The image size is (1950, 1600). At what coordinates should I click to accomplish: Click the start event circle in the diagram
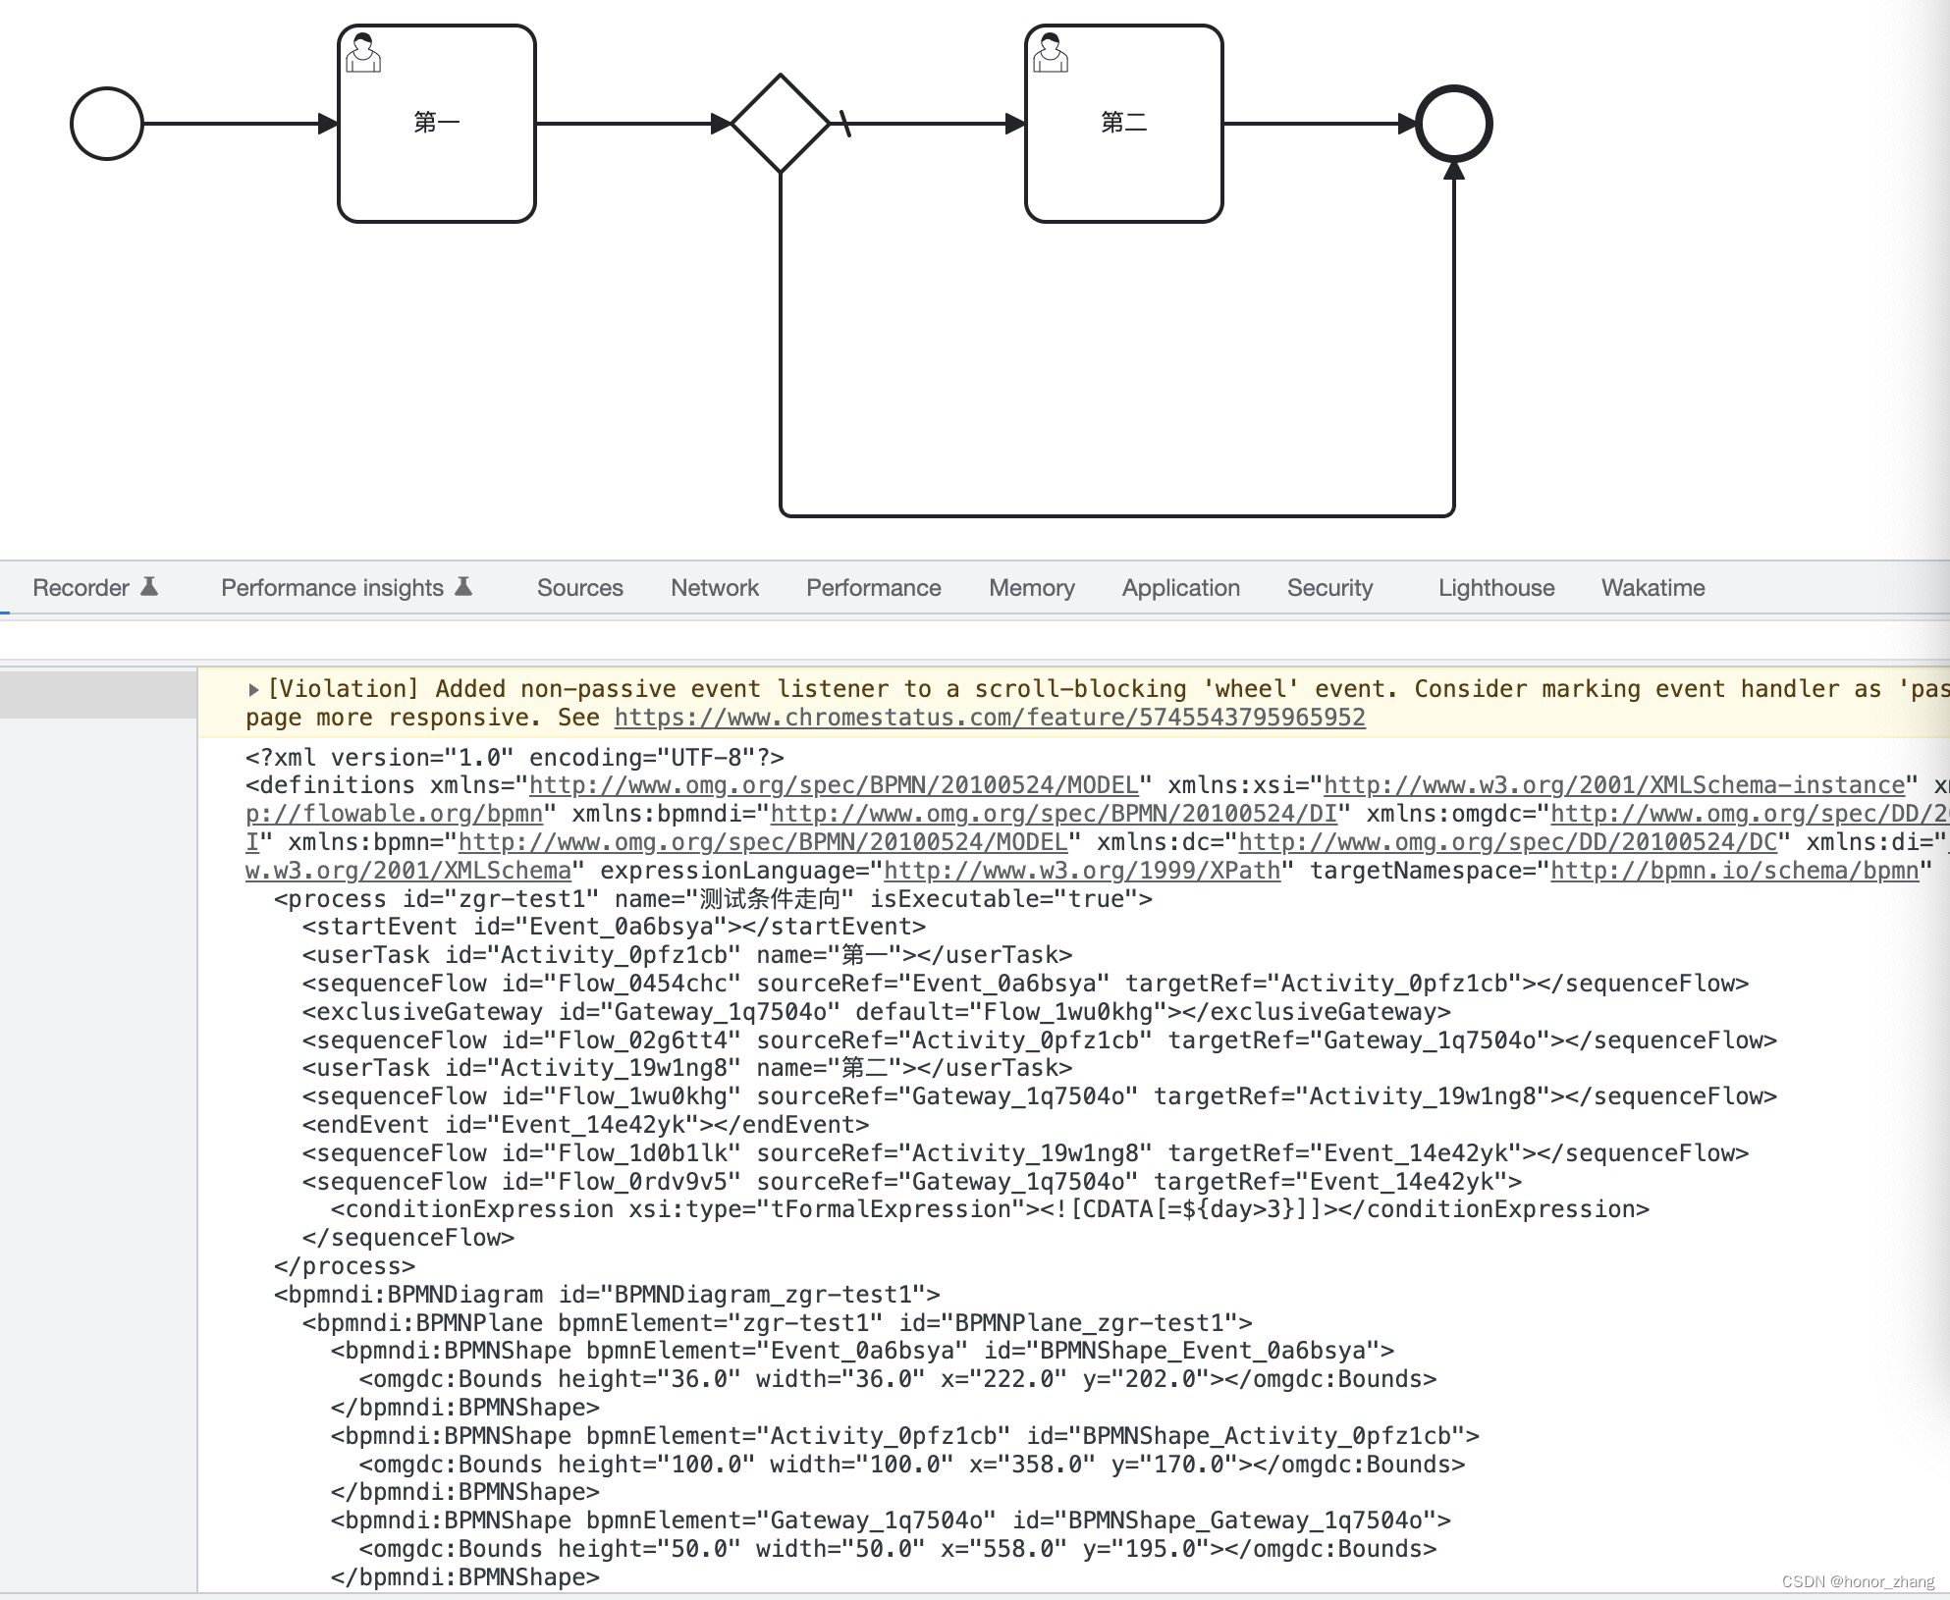tap(107, 124)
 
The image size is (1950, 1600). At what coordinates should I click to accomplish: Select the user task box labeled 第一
tap(437, 124)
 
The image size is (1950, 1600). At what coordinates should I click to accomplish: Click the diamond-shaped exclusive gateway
tap(781, 124)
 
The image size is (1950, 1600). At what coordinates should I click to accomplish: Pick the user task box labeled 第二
tap(1124, 124)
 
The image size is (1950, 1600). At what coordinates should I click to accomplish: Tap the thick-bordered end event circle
tap(1454, 124)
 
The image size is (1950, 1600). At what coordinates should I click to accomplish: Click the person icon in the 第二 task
tap(1051, 53)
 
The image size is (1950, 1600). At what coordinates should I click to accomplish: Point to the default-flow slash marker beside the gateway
tap(844, 124)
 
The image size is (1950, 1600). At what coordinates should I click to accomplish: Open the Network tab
tap(715, 588)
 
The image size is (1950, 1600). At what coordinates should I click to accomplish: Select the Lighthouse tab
tap(1496, 588)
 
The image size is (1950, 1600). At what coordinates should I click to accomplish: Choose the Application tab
tap(1181, 588)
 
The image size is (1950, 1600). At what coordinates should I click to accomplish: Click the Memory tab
tap(1032, 588)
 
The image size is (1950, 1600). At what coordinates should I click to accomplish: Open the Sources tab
tap(580, 588)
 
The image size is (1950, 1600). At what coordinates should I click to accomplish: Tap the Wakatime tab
tap(1653, 588)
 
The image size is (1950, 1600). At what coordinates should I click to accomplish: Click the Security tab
tap(1330, 588)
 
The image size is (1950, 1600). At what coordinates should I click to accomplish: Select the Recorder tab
tap(81, 588)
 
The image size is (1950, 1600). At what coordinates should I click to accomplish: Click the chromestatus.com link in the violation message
tap(990, 718)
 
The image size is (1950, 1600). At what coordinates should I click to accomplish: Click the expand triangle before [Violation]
tap(253, 690)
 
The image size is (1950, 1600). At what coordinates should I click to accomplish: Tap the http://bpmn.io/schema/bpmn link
tap(1734, 871)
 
